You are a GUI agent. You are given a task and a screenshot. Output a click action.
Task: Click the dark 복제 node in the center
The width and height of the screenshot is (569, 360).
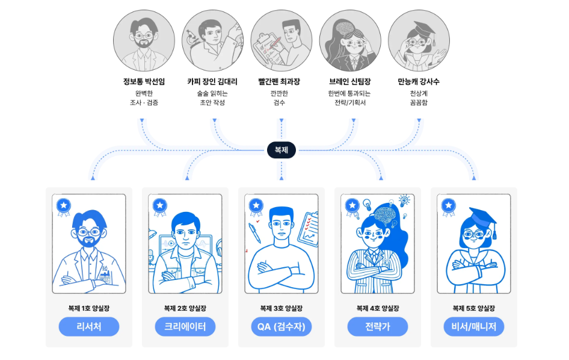click(x=281, y=150)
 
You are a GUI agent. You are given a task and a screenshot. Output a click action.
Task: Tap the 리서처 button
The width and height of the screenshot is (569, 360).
click(x=89, y=326)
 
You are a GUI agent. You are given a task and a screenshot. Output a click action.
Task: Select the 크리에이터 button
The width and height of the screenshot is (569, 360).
click(x=185, y=326)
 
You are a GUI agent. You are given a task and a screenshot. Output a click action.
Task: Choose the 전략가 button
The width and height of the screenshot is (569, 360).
click(x=378, y=326)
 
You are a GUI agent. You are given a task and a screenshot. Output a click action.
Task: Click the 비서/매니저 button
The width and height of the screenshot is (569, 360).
click(x=474, y=326)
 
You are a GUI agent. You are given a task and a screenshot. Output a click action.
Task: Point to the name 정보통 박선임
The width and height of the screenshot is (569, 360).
click(x=144, y=81)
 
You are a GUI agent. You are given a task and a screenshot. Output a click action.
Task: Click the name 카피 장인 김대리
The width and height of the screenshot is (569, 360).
click(x=212, y=81)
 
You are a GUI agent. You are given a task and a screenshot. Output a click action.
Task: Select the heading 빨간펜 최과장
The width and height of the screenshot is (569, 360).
click(x=279, y=81)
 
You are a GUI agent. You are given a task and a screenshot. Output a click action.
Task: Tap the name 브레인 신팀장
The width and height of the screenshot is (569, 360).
click(x=350, y=81)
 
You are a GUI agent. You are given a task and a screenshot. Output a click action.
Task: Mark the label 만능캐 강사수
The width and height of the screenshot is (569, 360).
click(x=419, y=81)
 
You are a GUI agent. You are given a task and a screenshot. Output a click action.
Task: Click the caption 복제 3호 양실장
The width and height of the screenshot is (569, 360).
click(x=281, y=308)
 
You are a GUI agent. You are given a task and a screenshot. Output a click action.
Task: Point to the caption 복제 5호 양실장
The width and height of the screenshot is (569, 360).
click(x=474, y=308)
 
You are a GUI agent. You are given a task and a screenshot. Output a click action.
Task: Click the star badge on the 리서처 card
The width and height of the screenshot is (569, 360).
click(x=64, y=206)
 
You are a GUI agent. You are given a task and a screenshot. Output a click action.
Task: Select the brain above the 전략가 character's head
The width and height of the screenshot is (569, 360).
click(x=386, y=213)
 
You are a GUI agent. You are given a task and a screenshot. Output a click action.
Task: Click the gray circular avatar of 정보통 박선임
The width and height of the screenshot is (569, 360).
click(x=144, y=41)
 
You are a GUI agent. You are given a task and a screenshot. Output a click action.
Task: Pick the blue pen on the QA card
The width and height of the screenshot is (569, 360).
click(x=254, y=233)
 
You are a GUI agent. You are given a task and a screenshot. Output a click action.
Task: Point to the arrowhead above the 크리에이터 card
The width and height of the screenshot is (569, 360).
click(x=187, y=178)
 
